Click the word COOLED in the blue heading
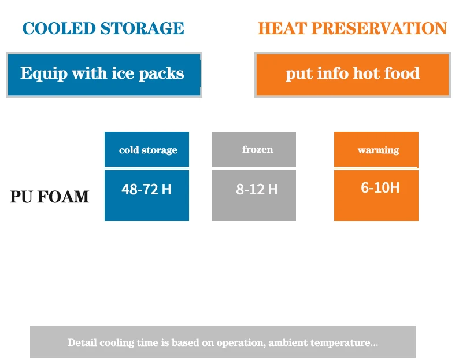[x=59, y=28]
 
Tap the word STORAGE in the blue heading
[x=142, y=28]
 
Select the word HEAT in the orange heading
[x=282, y=28]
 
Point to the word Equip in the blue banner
[x=44, y=73]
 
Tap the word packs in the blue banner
[x=161, y=73]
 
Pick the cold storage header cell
[x=147, y=149]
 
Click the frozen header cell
[x=254, y=149]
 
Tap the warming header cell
[x=376, y=149]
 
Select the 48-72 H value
[x=146, y=189]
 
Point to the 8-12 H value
[x=257, y=189]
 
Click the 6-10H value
[x=380, y=187]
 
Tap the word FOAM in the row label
[x=63, y=197]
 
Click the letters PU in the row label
[x=21, y=197]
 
